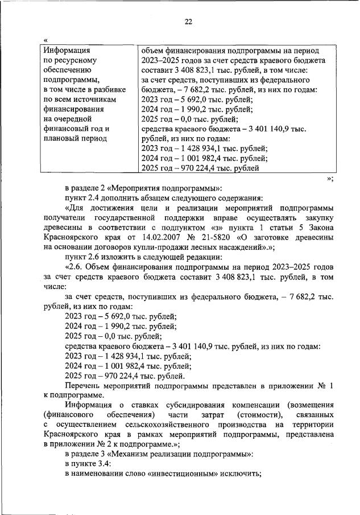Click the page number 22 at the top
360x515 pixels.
tap(188, 22)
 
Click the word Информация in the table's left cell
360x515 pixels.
tap(67, 50)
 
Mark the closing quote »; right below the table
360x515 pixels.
tap(330, 179)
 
